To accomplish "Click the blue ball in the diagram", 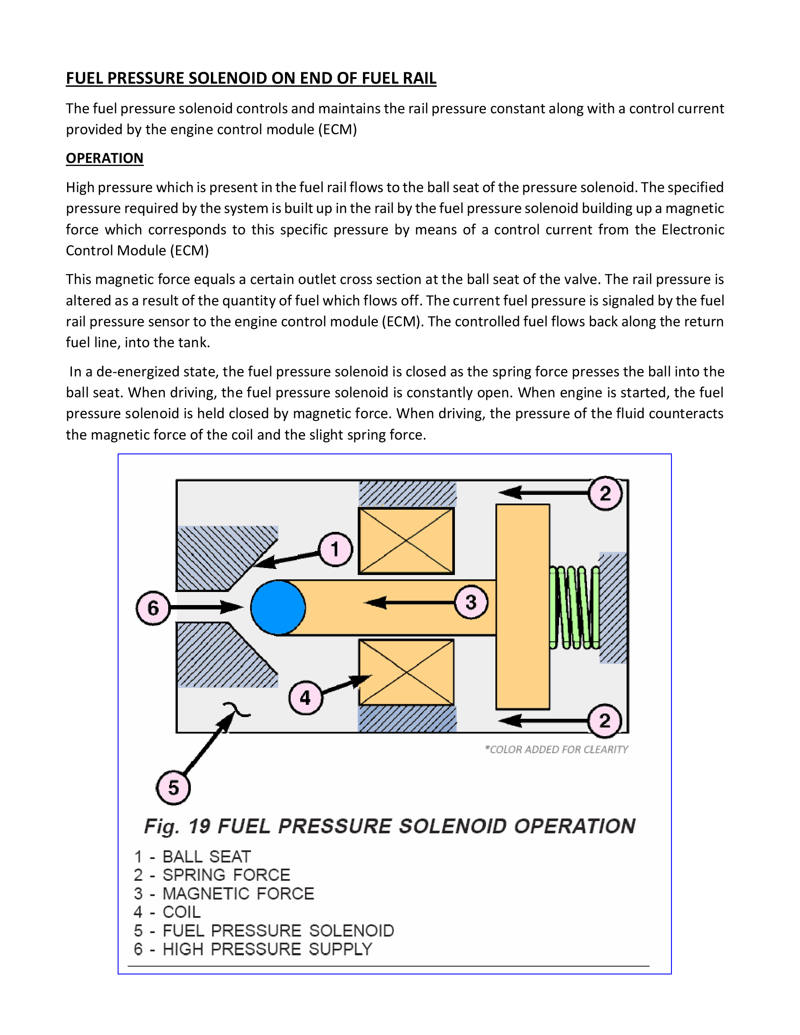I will click(278, 607).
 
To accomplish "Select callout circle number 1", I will click(336, 549).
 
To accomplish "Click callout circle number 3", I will click(471, 602).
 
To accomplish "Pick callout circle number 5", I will click(173, 788).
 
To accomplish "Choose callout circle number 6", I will click(153, 608).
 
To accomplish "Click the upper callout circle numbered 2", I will click(605, 494).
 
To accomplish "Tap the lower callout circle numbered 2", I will click(605, 721).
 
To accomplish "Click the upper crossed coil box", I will click(406, 541).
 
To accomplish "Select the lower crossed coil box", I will click(406, 672).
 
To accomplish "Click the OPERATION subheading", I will click(104, 158).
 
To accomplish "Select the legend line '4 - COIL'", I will click(167, 912).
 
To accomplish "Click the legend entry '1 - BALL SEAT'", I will click(193, 856).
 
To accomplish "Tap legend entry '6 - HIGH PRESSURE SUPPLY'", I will click(253, 949).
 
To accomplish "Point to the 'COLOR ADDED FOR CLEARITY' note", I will click(556, 749).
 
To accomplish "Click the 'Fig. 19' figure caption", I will click(390, 826).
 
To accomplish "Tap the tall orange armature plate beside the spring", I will click(523, 607).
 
